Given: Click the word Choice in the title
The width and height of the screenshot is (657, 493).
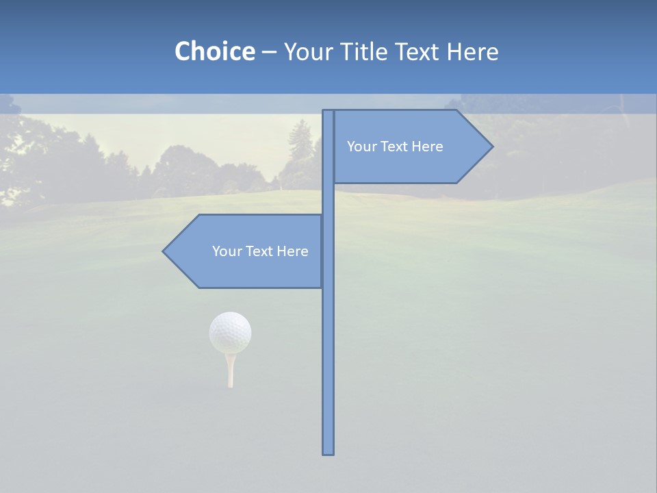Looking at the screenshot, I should pos(214,51).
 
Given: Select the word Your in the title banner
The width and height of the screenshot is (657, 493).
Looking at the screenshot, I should pos(307,51).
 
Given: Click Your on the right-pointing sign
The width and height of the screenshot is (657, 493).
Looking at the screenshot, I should pos(361,147).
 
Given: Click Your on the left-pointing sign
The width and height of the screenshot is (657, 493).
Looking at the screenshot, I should pos(226,251).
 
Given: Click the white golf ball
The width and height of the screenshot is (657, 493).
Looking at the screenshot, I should pos(230,332).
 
